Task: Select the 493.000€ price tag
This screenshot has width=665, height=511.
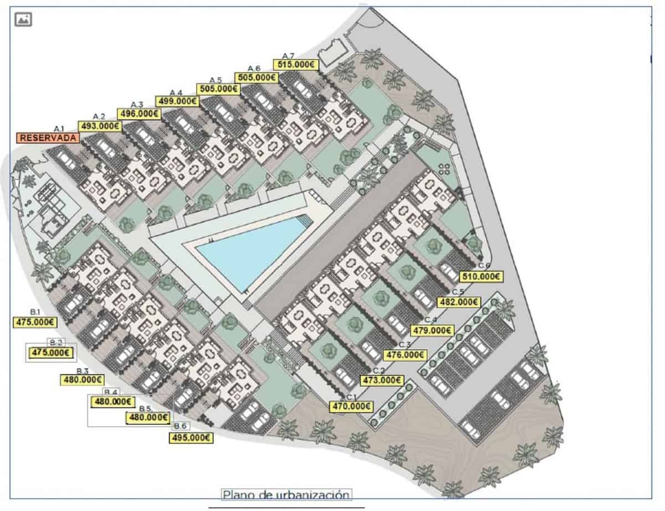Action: pyautogui.click(x=100, y=127)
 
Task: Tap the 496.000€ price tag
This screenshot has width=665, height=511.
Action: pyautogui.click(x=139, y=114)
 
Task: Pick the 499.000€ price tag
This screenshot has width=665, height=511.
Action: pyautogui.click(x=178, y=102)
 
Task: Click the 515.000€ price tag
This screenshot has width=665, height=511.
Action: pyautogui.click(x=296, y=64)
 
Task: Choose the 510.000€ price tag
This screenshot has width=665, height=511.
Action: pyautogui.click(x=481, y=275)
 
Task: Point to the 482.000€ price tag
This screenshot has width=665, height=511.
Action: pyautogui.click(x=459, y=302)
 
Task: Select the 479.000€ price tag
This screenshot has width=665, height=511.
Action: pyautogui.click(x=432, y=331)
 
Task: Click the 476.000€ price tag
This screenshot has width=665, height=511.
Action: pyautogui.click(x=406, y=355)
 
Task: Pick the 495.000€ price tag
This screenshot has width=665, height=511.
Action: pyautogui.click(x=191, y=438)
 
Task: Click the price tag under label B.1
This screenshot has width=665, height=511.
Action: pyautogui.click(x=34, y=322)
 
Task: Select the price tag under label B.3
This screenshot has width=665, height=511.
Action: pyautogui.click(x=82, y=380)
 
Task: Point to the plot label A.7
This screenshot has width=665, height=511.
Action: pyautogui.click(x=288, y=56)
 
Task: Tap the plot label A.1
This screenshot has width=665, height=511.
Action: pyautogui.click(x=59, y=129)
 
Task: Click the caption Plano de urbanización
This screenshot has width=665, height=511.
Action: pyautogui.click(x=287, y=494)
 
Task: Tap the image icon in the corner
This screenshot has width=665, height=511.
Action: pyautogui.click(x=24, y=19)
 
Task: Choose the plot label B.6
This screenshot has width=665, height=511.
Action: pyautogui.click(x=180, y=426)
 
